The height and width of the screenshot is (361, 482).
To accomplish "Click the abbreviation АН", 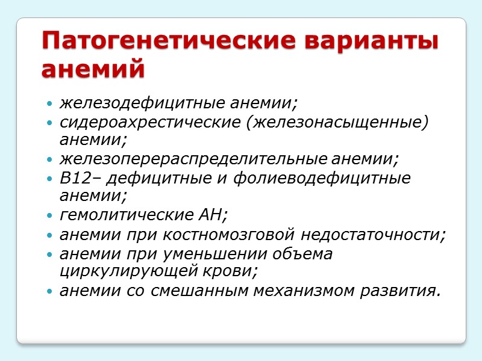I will click(x=216, y=215).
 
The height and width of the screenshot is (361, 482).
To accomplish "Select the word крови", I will click(x=236, y=271).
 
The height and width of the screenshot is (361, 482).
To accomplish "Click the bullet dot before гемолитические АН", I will click(x=49, y=216).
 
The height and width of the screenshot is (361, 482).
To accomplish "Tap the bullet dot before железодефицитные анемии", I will click(x=49, y=105).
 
